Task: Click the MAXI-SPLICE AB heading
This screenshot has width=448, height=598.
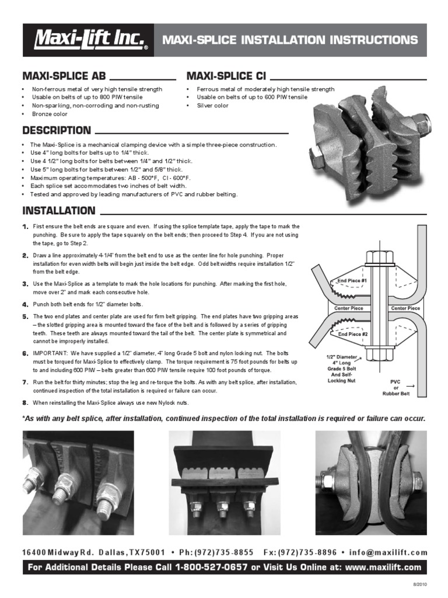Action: coord(64,76)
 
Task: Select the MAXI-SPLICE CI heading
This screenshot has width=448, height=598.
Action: coord(225,76)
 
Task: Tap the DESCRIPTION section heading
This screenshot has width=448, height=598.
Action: coord(56,130)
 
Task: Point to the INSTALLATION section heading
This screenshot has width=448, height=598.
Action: coord(58,210)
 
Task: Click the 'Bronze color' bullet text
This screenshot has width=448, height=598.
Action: coord(50,114)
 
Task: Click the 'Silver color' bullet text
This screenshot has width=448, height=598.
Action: coord(212,106)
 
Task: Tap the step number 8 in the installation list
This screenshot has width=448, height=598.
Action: coord(25,403)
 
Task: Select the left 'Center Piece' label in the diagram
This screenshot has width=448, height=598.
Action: coord(349,308)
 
